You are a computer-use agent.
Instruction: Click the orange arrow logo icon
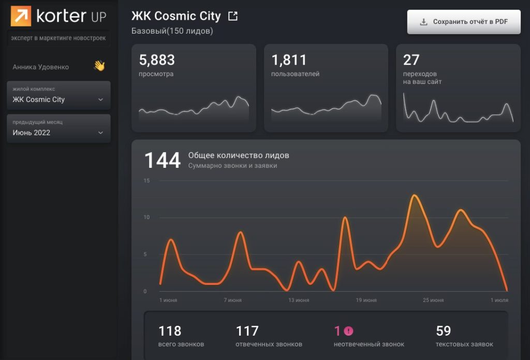point(21,16)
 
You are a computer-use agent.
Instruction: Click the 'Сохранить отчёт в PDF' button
point(464,22)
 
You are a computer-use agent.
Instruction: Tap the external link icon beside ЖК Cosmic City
point(233,17)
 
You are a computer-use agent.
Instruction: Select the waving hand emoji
point(99,66)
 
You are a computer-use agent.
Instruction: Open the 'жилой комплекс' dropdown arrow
point(100,99)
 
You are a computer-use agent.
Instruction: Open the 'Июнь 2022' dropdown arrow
point(100,133)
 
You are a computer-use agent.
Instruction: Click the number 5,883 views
point(157,60)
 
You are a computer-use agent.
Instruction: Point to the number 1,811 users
point(289,60)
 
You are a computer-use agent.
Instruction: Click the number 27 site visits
point(411,60)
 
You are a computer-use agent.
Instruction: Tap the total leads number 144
point(162,161)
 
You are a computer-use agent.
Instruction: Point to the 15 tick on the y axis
point(147,181)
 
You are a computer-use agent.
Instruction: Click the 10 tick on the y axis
point(147,218)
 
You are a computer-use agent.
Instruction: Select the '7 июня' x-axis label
point(232,300)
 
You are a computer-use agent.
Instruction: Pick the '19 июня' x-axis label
point(366,300)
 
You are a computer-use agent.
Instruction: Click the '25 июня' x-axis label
point(433,300)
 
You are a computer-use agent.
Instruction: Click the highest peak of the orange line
point(414,195)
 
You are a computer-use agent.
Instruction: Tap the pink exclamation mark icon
point(348,331)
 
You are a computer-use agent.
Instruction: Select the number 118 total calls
point(170,330)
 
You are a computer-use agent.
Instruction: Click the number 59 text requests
point(444,330)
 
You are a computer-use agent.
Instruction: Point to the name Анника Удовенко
point(41,67)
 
